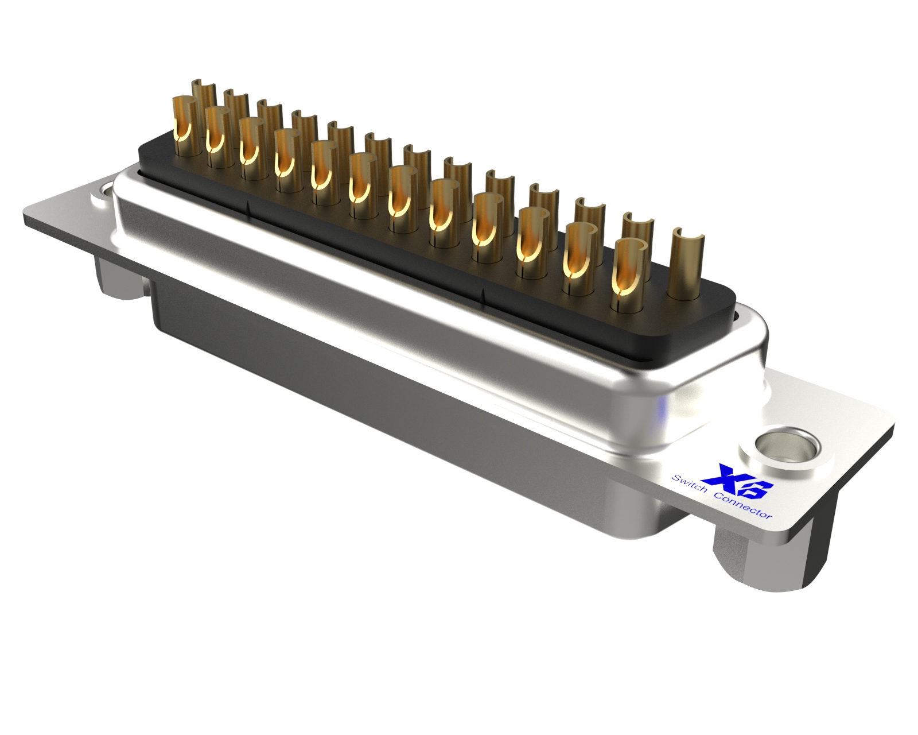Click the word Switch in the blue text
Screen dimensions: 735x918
pos(689,486)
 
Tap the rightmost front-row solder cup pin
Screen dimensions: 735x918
pos(631,275)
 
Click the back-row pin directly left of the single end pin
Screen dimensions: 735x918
pos(637,238)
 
